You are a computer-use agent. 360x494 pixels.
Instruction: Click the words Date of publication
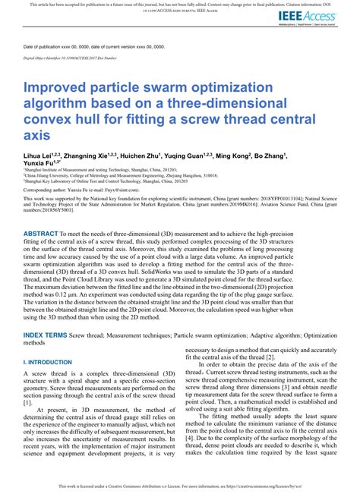point(52,46)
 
